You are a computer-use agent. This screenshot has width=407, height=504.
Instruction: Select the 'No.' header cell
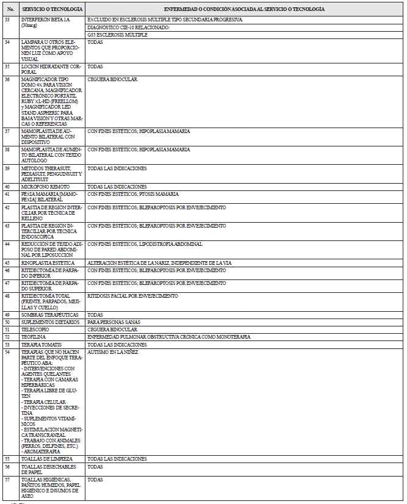click(x=9, y=10)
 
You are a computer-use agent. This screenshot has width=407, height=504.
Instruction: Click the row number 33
click(x=7, y=20)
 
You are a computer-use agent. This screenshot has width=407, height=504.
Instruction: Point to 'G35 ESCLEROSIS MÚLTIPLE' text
click(x=118, y=35)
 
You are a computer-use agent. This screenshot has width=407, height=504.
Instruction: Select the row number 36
click(x=7, y=79)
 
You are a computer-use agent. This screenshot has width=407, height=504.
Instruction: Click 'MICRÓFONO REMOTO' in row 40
click(x=45, y=186)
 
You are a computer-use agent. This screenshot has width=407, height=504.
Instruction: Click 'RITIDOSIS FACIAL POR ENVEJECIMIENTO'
click(x=132, y=296)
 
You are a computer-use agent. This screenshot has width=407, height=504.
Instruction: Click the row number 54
click(x=7, y=352)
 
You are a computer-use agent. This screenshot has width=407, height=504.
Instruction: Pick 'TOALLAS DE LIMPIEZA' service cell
click(x=47, y=458)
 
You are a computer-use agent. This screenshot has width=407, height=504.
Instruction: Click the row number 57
click(x=7, y=480)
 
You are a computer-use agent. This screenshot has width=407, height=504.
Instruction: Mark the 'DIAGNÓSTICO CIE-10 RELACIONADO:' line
click(x=128, y=27)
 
